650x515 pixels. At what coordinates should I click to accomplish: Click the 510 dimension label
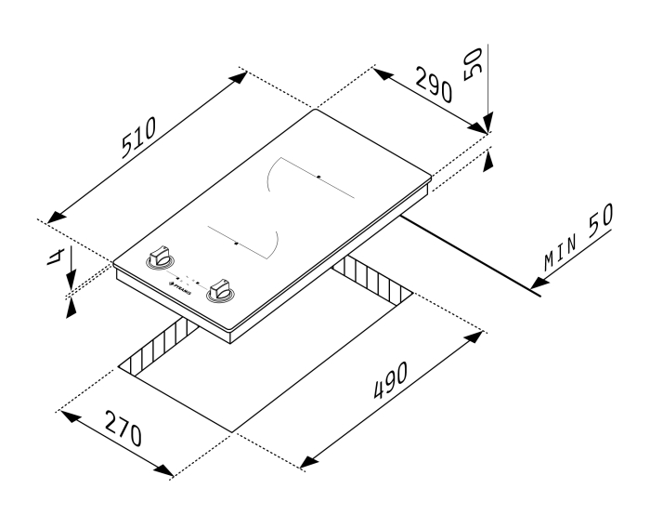click(x=139, y=138)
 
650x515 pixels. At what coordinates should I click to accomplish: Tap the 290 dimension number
click(x=434, y=85)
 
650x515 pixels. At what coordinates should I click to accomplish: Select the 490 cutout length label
click(x=391, y=380)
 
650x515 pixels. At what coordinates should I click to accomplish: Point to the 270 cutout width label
click(x=123, y=429)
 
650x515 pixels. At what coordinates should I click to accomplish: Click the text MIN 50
click(x=578, y=236)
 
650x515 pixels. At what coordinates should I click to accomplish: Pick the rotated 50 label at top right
click(x=473, y=64)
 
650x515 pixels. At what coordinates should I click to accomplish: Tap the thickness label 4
click(x=55, y=257)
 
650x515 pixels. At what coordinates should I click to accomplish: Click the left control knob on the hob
click(x=161, y=257)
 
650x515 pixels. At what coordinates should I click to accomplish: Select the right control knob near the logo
click(x=221, y=289)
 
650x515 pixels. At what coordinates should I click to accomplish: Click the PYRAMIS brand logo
click(x=180, y=288)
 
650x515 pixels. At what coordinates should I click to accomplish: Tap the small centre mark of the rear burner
click(x=318, y=177)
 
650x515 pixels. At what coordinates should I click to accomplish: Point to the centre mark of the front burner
click(x=236, y=244)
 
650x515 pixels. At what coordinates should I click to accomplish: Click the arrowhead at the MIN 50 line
click(x=539, y=283)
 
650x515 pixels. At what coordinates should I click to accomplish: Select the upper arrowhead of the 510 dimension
click(x=238, y=77)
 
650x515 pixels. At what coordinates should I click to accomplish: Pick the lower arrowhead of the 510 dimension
click(x=57, y=217)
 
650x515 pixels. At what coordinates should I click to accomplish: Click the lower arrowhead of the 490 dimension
click(x=309, y=462)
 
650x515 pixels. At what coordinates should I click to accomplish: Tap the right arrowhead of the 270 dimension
click(x=163, y=470)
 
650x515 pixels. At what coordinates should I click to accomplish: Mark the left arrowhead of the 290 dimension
click(x=383, y=74)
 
